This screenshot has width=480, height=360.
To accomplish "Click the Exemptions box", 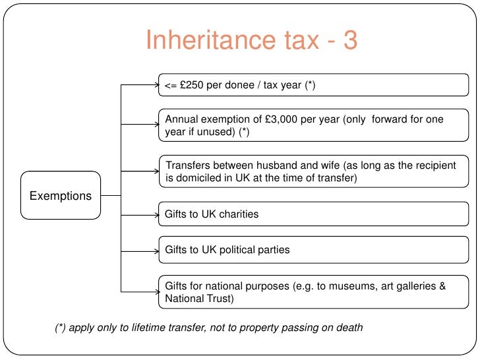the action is click(61, 196).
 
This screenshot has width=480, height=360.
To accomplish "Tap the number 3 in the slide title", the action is click(349, 40).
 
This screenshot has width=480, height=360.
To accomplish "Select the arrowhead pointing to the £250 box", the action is click(154, 84).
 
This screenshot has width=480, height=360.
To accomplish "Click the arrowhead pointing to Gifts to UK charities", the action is click(154, 214).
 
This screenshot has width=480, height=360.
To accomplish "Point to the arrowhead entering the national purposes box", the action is click(154, 292).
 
